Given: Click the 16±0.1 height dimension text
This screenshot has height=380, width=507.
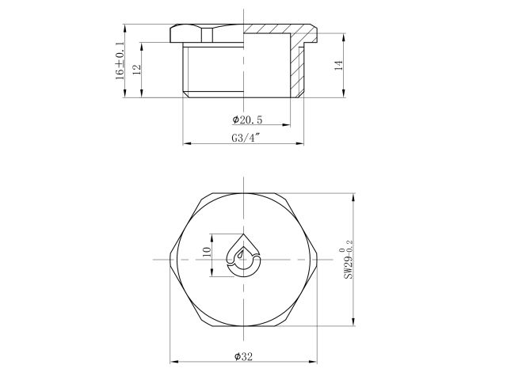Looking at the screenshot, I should click(120, 60).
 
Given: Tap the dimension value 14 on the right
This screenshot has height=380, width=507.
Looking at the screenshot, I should click(338, 67).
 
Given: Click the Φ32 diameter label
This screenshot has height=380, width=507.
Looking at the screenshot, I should click(243, 357).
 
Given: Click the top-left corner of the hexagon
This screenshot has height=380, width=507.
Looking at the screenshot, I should click(204, 193).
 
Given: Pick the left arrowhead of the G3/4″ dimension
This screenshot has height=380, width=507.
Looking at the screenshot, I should click(186, 143).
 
